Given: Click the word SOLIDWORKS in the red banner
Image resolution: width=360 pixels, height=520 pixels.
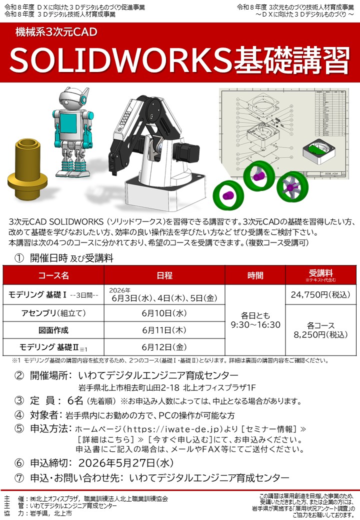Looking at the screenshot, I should [118, 60].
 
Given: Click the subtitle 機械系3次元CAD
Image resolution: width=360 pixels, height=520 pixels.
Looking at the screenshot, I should [56, 33].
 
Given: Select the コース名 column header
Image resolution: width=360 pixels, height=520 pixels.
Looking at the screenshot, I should [53, 275].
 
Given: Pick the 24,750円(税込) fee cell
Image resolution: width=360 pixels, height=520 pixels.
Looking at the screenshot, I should [320, 294].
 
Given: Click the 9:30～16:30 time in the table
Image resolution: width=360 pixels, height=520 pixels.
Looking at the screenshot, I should [255, 324].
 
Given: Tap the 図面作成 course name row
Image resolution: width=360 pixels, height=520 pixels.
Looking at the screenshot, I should [53, 330].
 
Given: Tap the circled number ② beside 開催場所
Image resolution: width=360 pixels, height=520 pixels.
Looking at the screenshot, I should [19, 375].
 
